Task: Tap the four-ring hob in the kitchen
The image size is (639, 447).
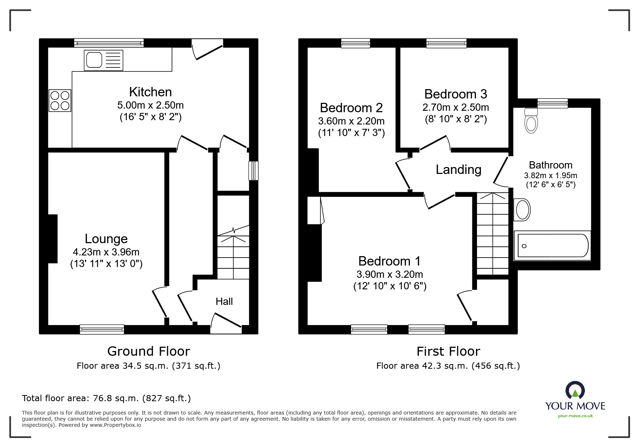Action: (60, 100)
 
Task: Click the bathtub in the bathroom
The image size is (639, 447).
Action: (552, 246)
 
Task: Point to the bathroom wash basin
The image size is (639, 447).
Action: (522, 210)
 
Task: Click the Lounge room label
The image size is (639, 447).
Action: (106, 239)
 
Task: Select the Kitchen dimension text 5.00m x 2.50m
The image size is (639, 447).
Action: (150, 105)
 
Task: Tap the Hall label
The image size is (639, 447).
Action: (224, 302)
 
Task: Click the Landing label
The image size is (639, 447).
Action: (458, 170)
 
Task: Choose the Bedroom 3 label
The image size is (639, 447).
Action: (455, 94)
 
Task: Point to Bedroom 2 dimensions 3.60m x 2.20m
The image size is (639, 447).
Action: (351, 121)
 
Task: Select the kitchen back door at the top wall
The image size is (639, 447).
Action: (207, 49)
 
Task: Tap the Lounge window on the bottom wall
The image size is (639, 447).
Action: (102, 329)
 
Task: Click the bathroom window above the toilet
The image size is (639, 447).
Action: (552, 103)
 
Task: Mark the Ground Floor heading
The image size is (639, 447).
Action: (149, 351)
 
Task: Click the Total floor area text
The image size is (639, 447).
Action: (106, 398)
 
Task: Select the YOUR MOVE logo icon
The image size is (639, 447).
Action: (575, 391)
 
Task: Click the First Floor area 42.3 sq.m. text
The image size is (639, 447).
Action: (448, 366)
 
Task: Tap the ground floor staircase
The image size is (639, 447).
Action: (233, 256)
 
